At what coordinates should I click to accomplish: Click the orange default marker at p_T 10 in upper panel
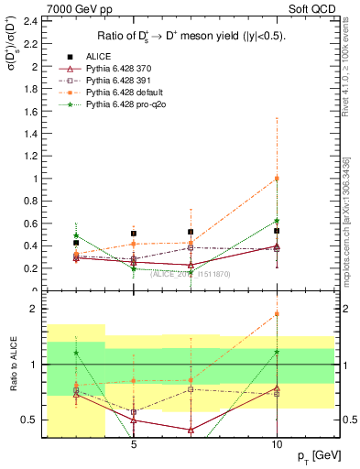coord(277,178)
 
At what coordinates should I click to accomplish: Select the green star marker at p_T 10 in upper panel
coord(277,221)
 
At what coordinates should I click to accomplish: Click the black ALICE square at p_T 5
coord(134,234)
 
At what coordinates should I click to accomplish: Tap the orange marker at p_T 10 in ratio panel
coord(277,314)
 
